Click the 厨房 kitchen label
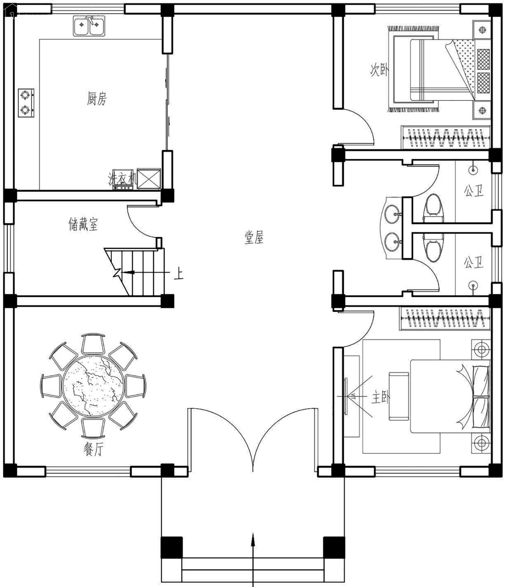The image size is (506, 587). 97,99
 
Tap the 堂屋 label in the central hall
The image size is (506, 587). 254,237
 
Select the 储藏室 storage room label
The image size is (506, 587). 83,224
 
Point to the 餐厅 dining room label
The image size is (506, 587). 94,449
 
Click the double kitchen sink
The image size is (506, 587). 89,26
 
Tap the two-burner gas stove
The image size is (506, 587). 26,103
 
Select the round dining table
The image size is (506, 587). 93,386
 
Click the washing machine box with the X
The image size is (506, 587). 149,179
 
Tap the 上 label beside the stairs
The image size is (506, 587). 178,273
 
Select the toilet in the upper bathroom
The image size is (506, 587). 433,207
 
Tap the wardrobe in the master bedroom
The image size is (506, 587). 445,318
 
